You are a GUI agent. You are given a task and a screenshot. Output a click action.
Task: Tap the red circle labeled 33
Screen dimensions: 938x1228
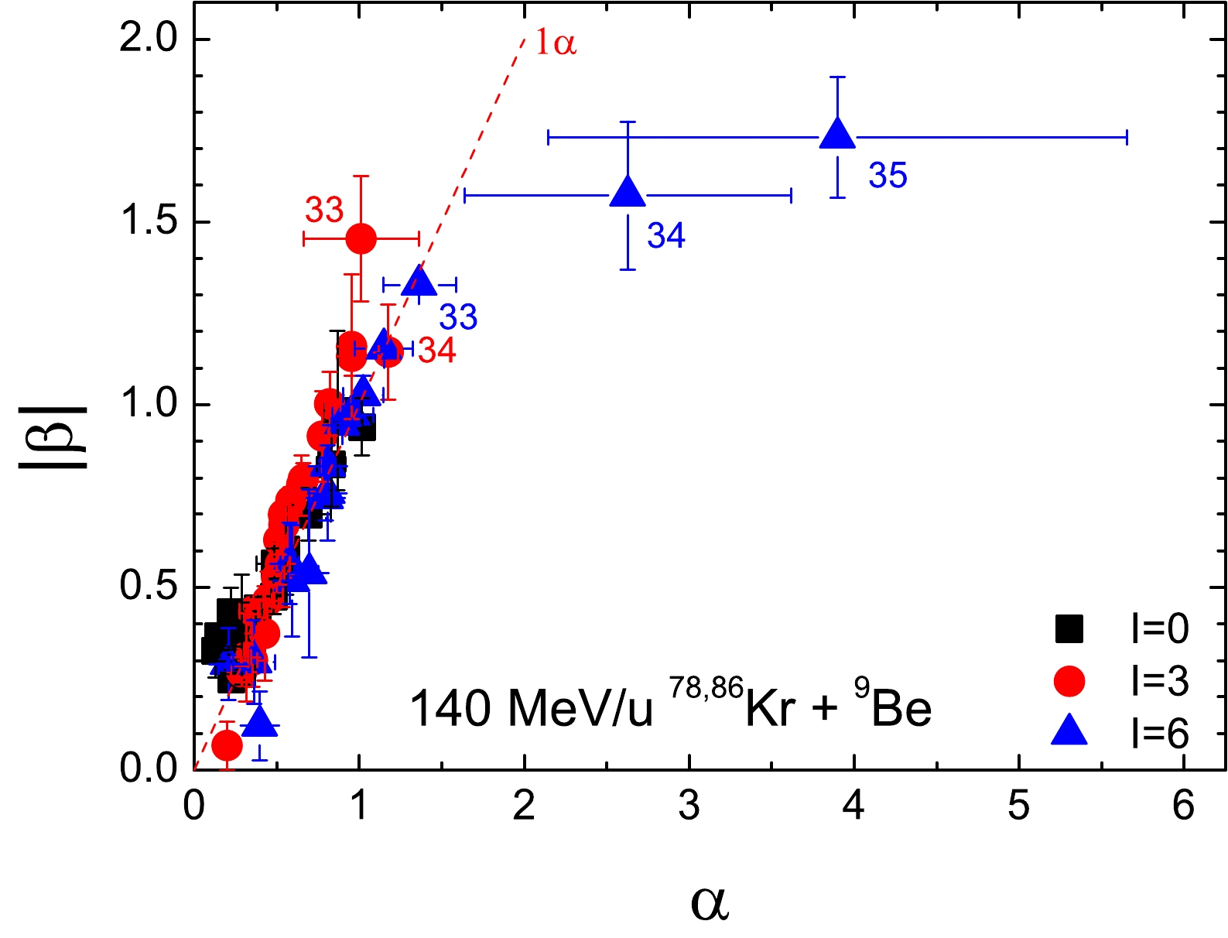(x=361, y=238)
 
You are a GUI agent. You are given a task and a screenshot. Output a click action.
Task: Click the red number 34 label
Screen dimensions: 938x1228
(x=437, y=351)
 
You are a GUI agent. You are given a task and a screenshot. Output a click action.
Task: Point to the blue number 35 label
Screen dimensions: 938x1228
(x=888, y=176)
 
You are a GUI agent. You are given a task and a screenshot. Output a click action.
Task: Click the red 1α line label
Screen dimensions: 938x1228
(x=556, y=43)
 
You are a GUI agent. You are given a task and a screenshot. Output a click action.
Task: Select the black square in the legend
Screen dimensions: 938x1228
(x=1069, y=628)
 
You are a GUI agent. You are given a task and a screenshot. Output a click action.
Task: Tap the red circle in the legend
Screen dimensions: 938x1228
(x=1069, y=681)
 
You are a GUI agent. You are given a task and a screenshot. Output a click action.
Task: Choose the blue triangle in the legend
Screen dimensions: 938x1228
(x=1069, y=731)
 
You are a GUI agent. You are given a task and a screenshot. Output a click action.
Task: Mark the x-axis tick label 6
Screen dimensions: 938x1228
(x=1184, y=806)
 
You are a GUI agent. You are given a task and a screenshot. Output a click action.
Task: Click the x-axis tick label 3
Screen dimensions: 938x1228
(x=689, y=806)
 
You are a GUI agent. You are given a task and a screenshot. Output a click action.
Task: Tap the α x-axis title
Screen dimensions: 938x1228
(x=710, y=903)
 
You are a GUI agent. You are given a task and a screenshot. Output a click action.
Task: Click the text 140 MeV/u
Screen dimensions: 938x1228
(x=531, y=709)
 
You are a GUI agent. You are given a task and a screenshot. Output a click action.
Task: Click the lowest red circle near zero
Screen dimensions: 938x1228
(x=227, y=745)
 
